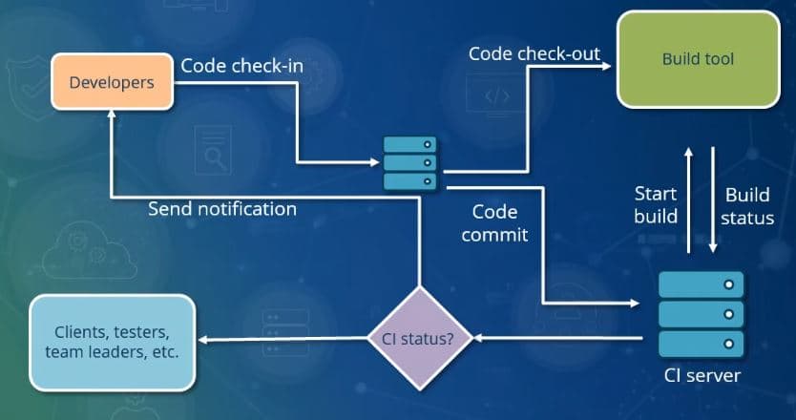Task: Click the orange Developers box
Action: click(113, 83)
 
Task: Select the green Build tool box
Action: click(698, 59)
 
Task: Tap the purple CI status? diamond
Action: click(418, 337)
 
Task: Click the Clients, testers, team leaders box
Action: click(112, 343)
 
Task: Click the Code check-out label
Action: click(534, 53)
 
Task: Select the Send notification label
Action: click(221, 208)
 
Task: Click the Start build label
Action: click(656, 205)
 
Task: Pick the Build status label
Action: click(747, 206)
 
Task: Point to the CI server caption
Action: click(702, 375)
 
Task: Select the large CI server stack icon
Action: click(702, 312)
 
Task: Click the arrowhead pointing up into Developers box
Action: click(113, 116)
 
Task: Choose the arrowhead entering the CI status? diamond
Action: click(478, 338)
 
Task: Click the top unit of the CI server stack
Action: click(702, 283)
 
